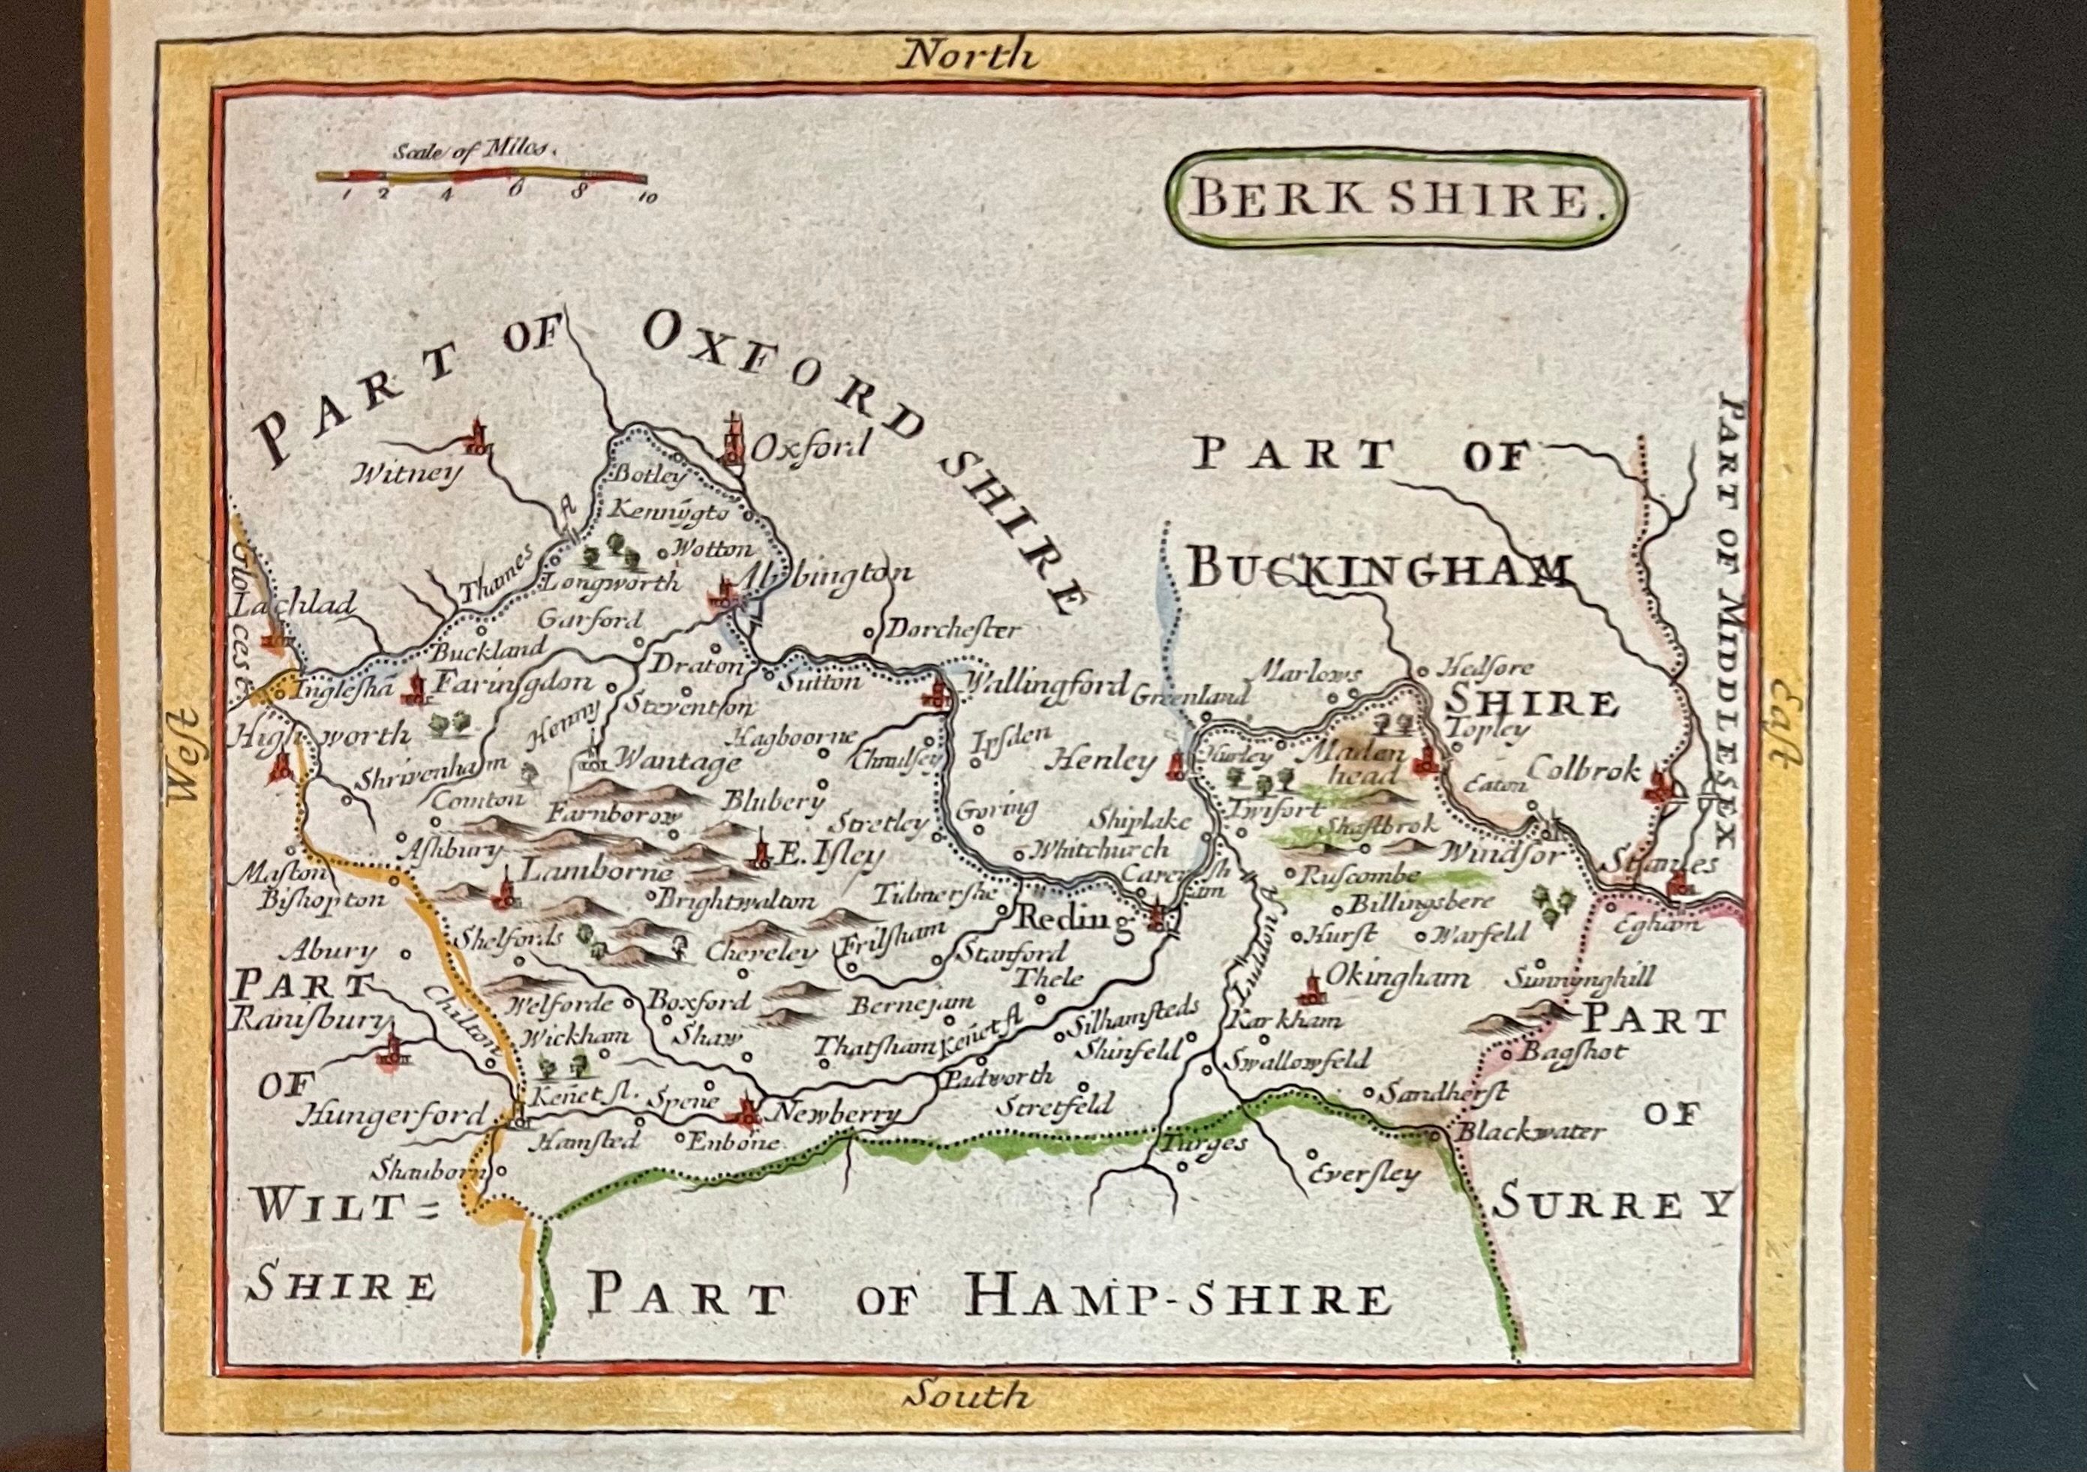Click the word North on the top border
click(966, 57)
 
